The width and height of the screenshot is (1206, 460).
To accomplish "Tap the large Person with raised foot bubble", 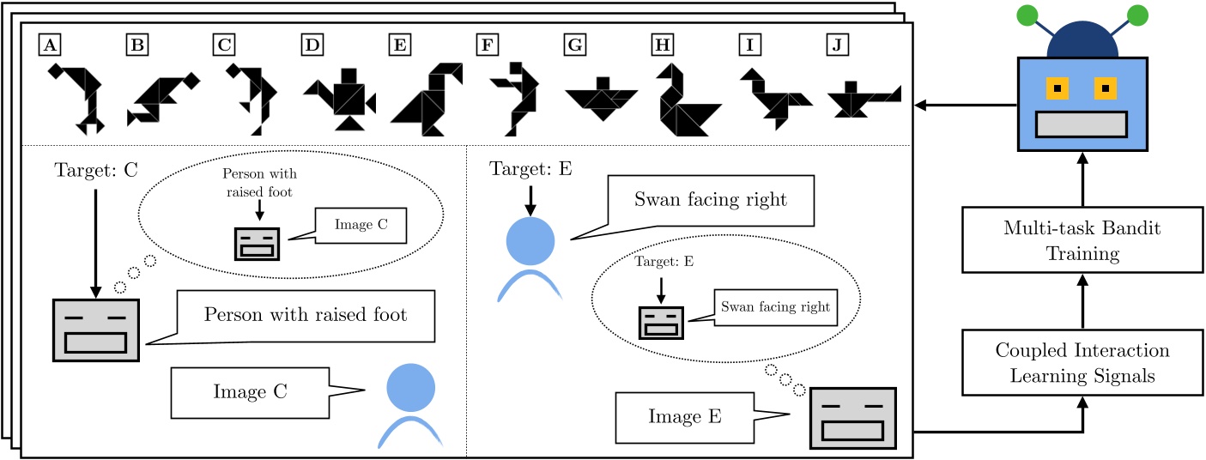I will pos(305,315).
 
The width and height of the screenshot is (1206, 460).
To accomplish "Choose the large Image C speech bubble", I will pos(249,391).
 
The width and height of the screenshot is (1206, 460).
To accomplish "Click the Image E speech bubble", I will pos(684,417).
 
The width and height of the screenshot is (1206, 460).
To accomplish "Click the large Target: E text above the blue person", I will pos(529,168).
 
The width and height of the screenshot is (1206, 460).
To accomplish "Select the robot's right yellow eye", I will pos(1106,88).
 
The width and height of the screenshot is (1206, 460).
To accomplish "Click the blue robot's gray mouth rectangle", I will pos(1080,124).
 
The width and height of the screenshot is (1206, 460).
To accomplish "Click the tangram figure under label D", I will pos(342,99).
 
